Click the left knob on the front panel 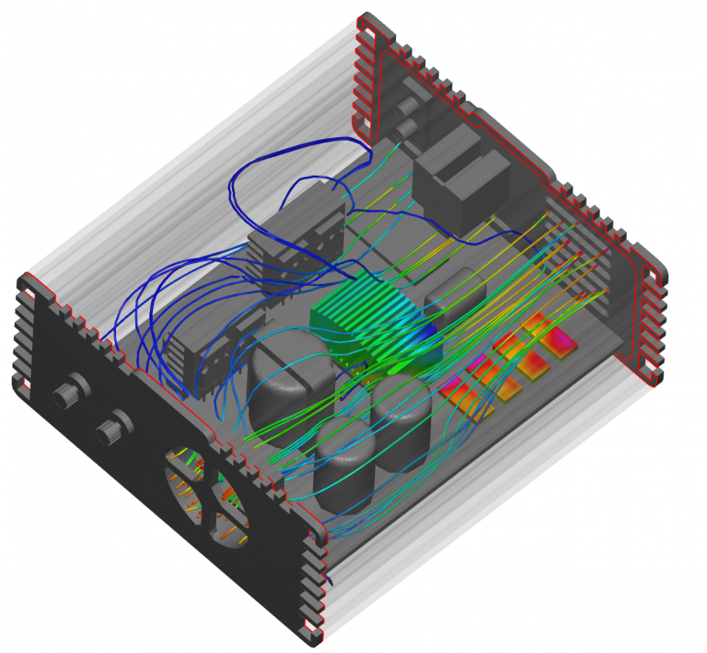64,396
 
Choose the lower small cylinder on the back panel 406,127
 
